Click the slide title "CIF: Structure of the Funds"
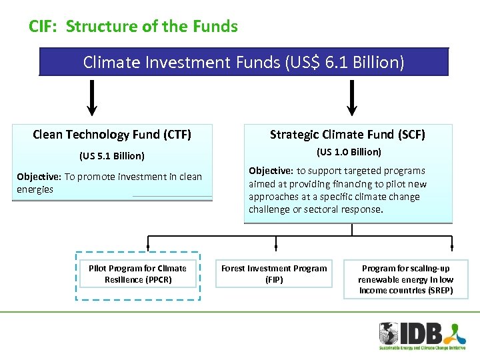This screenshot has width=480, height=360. [x=133, y=27]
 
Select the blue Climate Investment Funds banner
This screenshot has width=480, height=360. [x=243, y=62]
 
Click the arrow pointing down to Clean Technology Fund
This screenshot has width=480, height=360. [x=93, y=100]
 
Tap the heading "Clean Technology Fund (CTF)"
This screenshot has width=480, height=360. [x=112, y=135]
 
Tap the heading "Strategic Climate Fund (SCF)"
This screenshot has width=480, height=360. [x=347, y=135]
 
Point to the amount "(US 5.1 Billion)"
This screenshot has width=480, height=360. [x=112, y=156]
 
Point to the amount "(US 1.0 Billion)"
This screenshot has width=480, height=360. [x=349, y=152]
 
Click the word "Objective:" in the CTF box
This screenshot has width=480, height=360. [x=39, y=177]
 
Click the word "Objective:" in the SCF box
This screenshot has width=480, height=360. [x=271, y=171]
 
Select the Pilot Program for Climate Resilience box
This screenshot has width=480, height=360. [x=137, y=274]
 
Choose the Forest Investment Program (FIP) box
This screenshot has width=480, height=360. [x=274, y=274]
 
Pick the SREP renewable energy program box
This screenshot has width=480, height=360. [x=406, y=279]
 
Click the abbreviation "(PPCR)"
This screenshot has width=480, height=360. [x=156, y=280]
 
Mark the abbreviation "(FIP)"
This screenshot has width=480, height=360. [x=274, y=280]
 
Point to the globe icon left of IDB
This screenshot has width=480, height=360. [x=389, y=333]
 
